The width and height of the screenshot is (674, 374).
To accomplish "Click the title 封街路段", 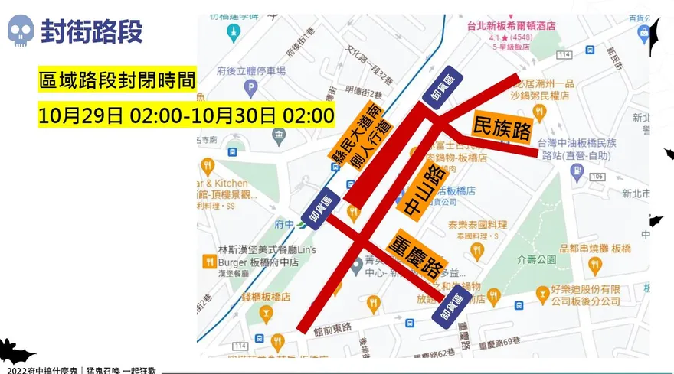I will click(91, 31).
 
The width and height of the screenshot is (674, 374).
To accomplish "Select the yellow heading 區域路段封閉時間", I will click(117, 79).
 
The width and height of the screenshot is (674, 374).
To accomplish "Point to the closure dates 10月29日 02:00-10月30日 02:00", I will click(186, 115).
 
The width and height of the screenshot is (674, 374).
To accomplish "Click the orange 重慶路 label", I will click(417, 253).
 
